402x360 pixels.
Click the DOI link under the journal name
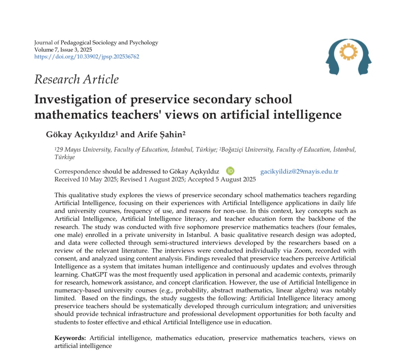(87, 57)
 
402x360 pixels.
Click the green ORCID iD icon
(230, 171)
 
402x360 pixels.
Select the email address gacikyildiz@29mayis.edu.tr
(299, 172)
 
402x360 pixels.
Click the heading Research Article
(76, 79)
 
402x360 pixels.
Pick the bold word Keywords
(70, 338)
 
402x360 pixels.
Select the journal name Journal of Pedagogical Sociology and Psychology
(96, 43)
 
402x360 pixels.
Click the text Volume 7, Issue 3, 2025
(63, 50)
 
